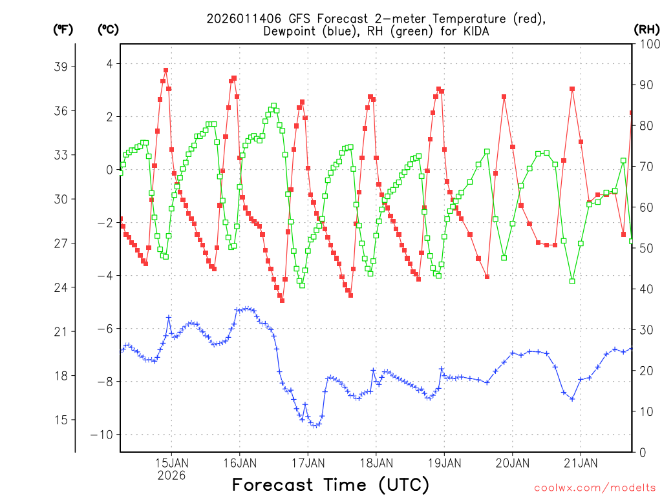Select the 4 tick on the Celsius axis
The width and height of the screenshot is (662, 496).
click(110, 63)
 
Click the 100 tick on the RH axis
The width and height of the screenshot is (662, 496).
click(647, 44)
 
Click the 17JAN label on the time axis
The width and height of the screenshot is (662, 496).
click(308, 463)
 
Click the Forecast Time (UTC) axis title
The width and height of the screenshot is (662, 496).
click(330, 484)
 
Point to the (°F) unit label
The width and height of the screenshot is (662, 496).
click(63, 29)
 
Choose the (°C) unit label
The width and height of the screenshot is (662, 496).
click(109, 29)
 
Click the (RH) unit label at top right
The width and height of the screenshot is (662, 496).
click(646, 29)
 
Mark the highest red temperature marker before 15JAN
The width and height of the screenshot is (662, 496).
click(165, 70)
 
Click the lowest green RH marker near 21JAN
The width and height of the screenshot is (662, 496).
click(572, 281)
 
